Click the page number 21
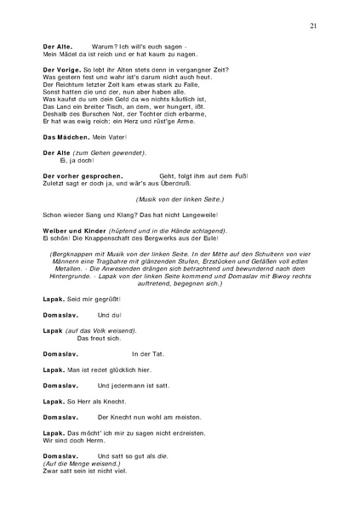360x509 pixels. click(314, 26)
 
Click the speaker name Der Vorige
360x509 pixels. click(60, 68)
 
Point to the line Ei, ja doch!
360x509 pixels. click(75, 159)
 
